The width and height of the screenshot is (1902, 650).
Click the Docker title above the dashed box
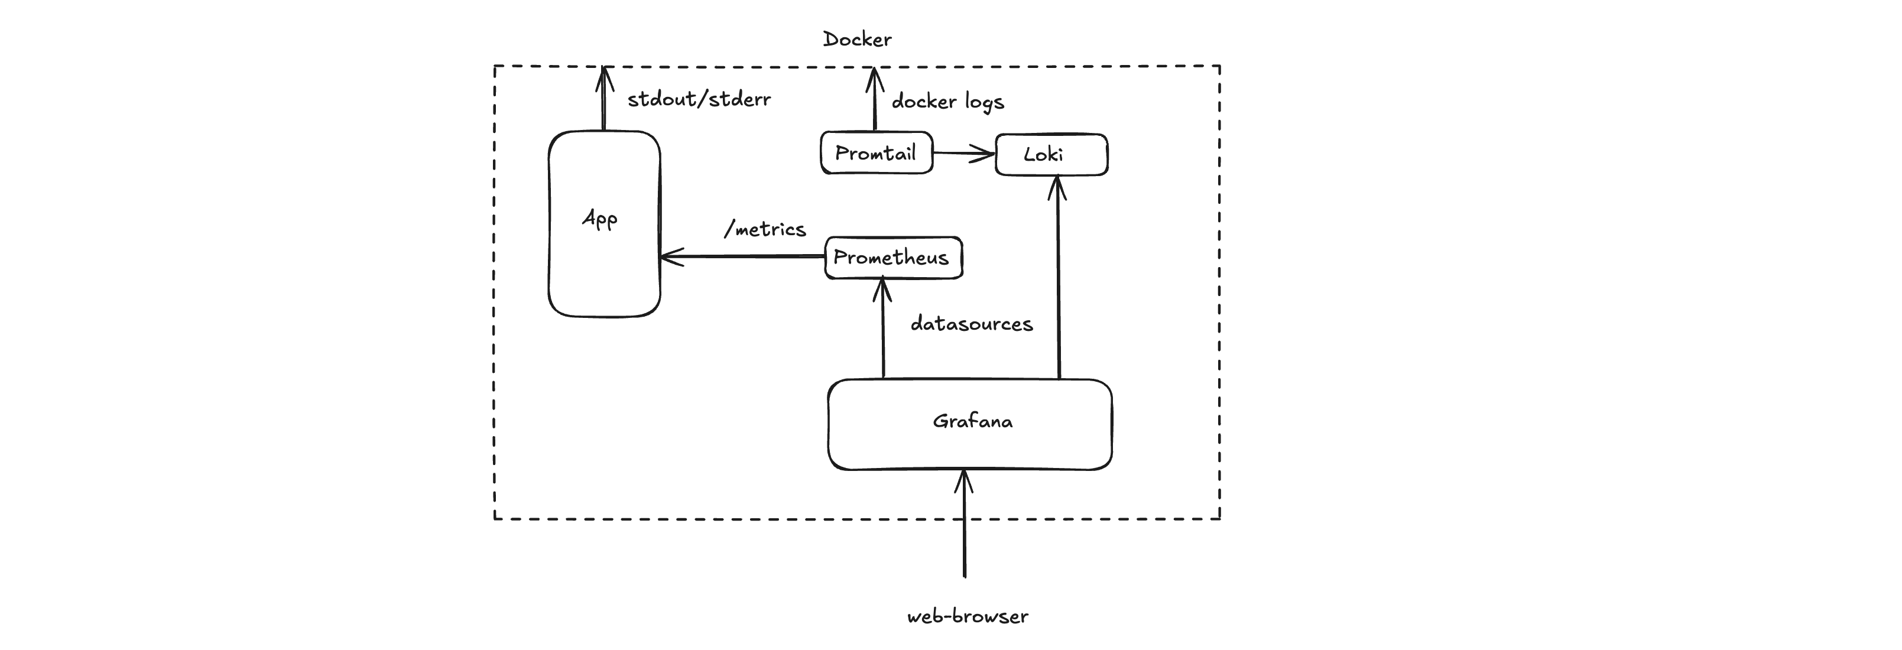pyautogui.click(x=856, y=39)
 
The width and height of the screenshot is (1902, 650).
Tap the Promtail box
pyautogui.click(x=876, y=152)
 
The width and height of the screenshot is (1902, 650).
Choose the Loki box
pyautogui.click(x=1051, y=154)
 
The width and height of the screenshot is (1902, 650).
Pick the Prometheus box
pyautogui.click(x=892, y=258)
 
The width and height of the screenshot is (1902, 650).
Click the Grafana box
pyautogui.click(x=969, y=424)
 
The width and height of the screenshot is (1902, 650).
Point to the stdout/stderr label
pyautogui.click(x=699, y=99)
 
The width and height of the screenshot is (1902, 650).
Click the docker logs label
pyautogui.click(x=947, y=101)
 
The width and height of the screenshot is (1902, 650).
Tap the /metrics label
pyautogui.click(x=765, y=229)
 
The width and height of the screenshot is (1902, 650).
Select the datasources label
pyautogui.click(x=971, y=324)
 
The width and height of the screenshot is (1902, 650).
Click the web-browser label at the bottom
pyautogui.click(x=967, y=617)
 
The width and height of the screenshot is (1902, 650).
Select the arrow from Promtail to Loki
pyautogui.click(x=963, y=154)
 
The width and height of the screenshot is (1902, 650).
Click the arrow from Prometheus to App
pyautogui.click(x=742, y=257)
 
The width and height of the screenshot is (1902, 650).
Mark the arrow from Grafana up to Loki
pyautogui.click(x=1058, y=280)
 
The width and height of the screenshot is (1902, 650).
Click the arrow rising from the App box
pyautogui.click(x=604, y=100)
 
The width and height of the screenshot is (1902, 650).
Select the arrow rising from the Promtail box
pyautogui.click(x=874, y=100)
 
